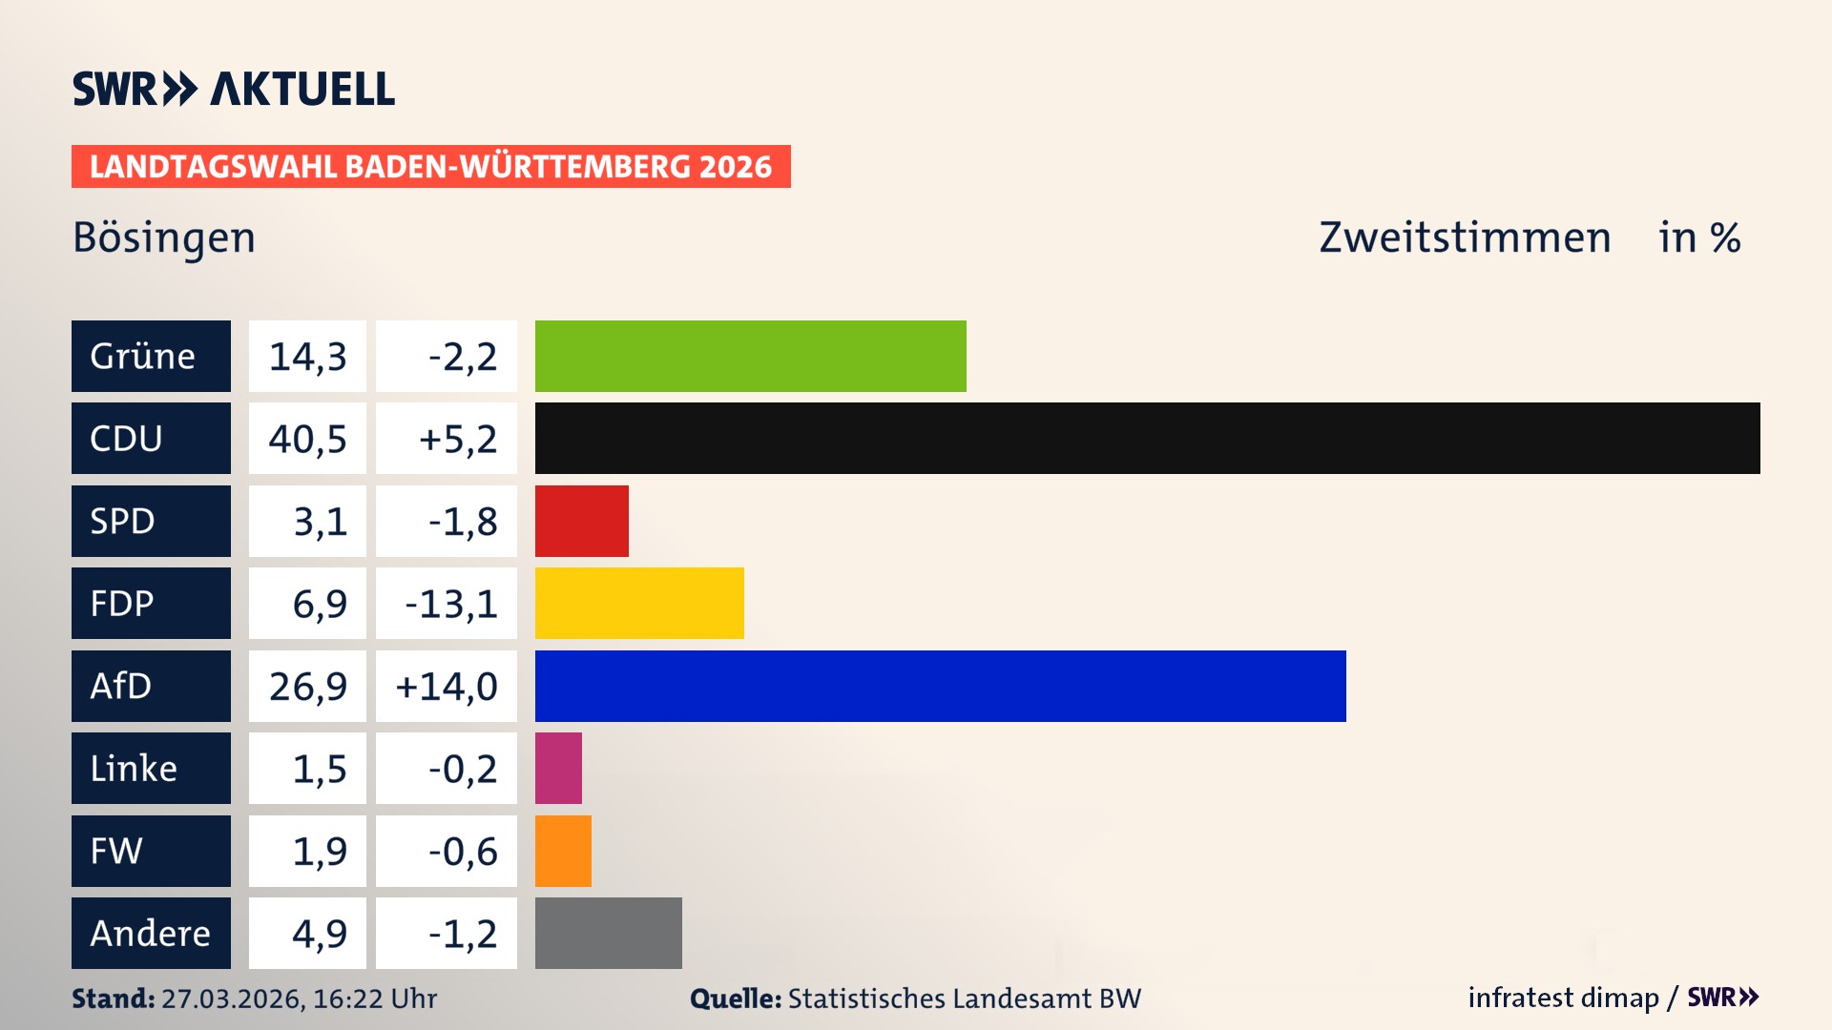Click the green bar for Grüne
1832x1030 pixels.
pos(750,356)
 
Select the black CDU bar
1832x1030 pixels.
pos(1147,438)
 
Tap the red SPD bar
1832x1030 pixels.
pos(581,521)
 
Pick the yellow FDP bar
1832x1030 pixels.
pos(639,603)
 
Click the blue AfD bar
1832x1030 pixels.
pos(940,686)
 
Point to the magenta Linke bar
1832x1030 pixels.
pos(558,768)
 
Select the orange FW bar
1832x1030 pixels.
pos(563,851)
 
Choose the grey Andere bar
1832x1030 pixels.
pos(608,933)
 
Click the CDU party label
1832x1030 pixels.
pos(151,438)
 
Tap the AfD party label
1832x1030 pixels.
pos(151,686)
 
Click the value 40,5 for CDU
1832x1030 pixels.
pos(307,438)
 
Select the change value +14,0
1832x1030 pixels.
pos(447,686)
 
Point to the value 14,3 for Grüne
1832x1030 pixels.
pos(307,356)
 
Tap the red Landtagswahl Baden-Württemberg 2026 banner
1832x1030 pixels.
pos(430,166)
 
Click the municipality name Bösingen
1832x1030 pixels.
pos(164,237)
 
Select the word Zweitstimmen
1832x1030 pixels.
pos(1465,237)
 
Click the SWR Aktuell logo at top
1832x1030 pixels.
pos(234,89)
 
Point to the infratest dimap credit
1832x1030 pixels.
pos(1563,998)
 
